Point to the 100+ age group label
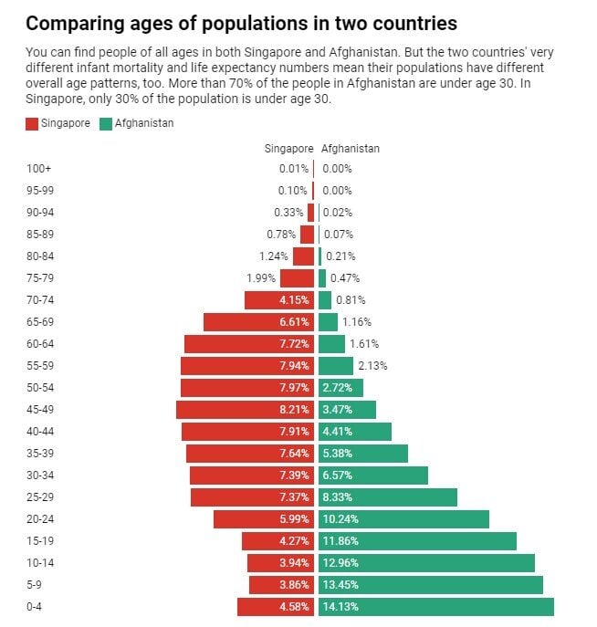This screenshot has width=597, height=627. [39, 169]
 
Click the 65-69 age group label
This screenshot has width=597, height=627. [41, 322]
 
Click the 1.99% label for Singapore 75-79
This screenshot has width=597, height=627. [261, 278]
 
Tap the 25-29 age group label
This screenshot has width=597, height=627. [41, 497]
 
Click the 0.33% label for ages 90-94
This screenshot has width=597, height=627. [289, 213]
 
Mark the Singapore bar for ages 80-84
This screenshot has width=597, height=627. [303, 256]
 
